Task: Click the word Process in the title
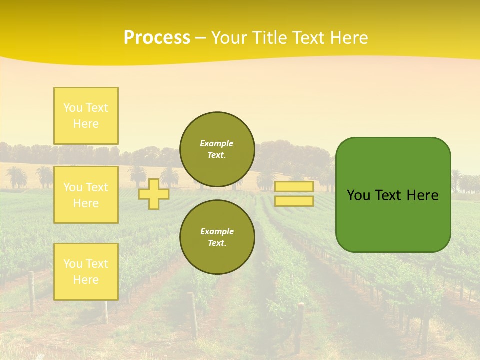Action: [x=157, y=38]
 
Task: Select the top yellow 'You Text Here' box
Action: [x=86, y=116]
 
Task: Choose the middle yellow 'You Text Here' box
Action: [x=86, y=195]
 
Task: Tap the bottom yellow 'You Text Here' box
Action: [x=86, y=272]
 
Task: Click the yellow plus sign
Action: [x=154, y=194]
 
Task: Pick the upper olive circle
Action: [x=217, y=149]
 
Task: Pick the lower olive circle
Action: [x=217, y=237]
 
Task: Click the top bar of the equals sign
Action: [x=294, y=187]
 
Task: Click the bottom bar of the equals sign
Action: [x=294, y=201]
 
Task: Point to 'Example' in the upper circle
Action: [x=217, y=144]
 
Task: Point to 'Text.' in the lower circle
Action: [x=217, y=243]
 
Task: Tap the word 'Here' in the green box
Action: [x=422, y=195]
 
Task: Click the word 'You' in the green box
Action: [x=358, y=195]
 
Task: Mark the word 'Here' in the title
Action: [x=349, y=38]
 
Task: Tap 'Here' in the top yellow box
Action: [x=86, y=124]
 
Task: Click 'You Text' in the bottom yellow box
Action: [x=86, y=264]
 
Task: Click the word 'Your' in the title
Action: [x=228, y=38]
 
